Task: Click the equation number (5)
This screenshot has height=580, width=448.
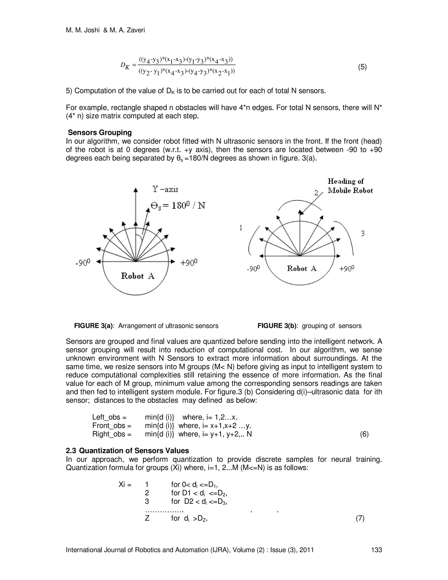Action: pos(362,67)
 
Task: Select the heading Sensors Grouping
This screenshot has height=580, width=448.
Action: pos(100,132)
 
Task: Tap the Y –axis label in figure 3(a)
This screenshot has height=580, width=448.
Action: pos(165,189)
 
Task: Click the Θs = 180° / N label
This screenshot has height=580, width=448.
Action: pos(178,206)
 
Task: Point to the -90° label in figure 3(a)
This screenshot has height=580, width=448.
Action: pos(83,263)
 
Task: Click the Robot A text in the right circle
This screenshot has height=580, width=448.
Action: pos(301,269)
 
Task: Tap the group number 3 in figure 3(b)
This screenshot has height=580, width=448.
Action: pos(362,234)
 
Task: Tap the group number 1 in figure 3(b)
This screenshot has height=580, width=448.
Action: pos(241,228)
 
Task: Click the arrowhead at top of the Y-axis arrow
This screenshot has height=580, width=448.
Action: pos(136,190)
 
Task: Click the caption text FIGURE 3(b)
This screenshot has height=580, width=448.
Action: pos(276,326)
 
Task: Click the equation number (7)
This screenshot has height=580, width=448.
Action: pos(360,518)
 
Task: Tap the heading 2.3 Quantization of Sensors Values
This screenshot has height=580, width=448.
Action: pos(127,451)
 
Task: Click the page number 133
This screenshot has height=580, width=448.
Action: pos(376,550)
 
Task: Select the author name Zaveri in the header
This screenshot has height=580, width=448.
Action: pos(136,30)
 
